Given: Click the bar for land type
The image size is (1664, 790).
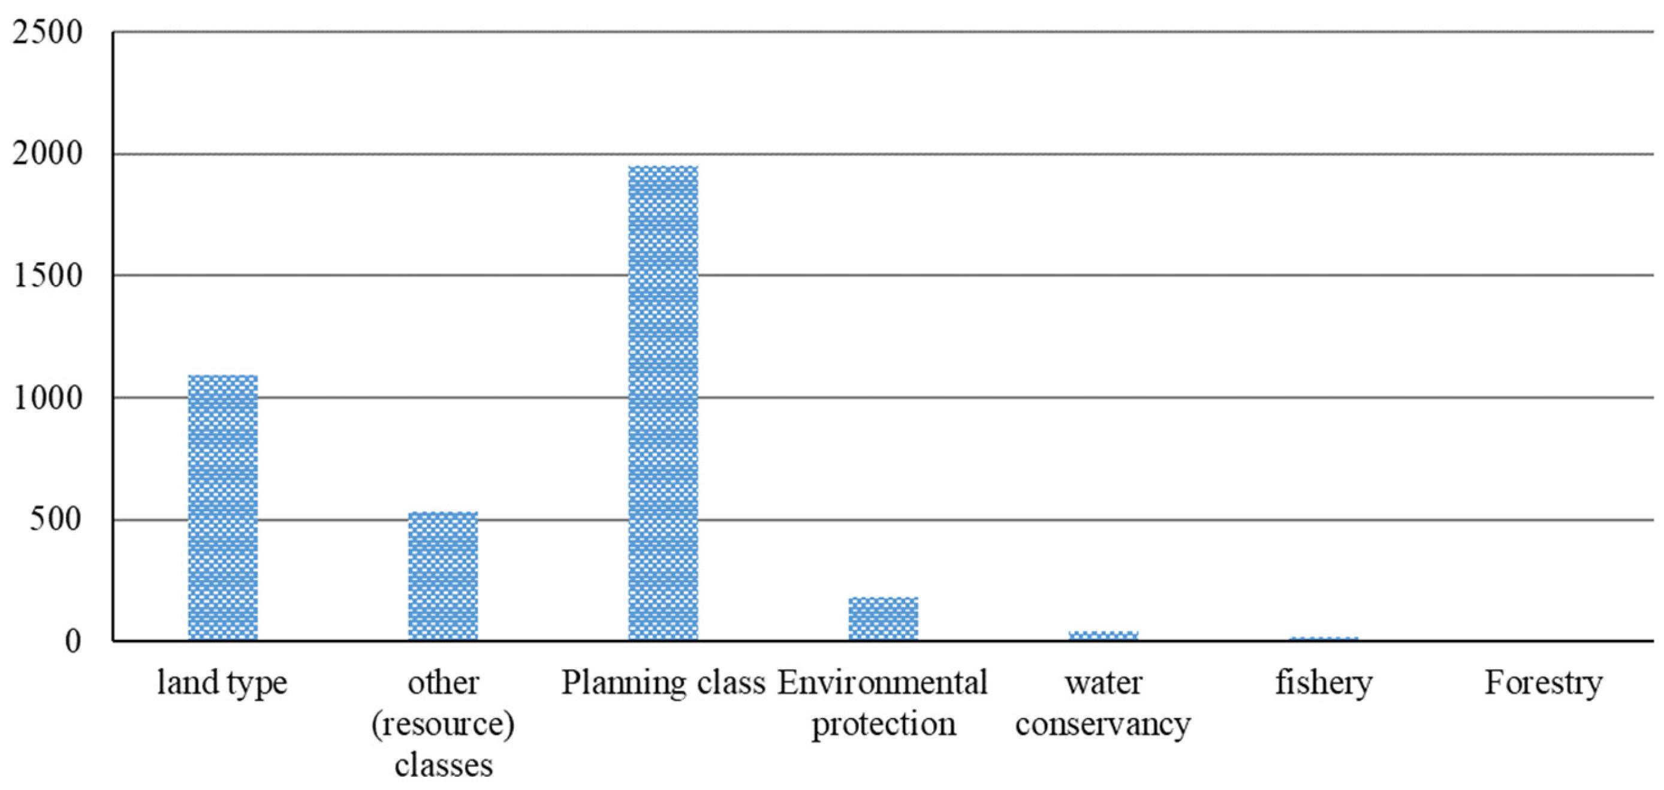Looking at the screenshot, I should (x=223, y=507).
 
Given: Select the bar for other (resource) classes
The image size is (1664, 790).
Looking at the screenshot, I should (x=443, y=576).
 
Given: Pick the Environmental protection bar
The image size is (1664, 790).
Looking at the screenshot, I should (x=883, y=618).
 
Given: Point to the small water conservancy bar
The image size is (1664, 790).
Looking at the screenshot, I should (x=1104, y=635).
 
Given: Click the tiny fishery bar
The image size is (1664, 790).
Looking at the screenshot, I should (x=1324, y=639).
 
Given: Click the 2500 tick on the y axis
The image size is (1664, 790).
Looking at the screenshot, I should (x=47, y=32).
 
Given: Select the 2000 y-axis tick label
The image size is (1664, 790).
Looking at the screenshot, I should (x=47, y=154).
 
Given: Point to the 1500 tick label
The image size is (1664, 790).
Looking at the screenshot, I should (x=47, y=276).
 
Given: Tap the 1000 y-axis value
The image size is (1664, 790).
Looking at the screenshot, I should (x=47, y=398).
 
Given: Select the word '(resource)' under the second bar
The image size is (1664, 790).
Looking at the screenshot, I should (x=443, y=724).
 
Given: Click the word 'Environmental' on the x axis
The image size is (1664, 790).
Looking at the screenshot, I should (x=883, y=683).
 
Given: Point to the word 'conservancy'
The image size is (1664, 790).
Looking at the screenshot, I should (x=1104, y=724).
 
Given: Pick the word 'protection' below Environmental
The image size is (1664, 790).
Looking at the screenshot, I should (x=883, y=724).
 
